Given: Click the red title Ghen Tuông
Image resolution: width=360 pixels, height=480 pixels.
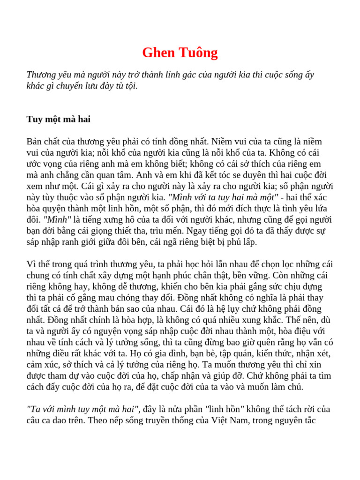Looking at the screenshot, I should (180, 52).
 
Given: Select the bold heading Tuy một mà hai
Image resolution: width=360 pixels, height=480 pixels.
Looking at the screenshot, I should (59, 119).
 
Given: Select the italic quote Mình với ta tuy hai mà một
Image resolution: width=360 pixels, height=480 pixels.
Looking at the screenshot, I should (223, 197).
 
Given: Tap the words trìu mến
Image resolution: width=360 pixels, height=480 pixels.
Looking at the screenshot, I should (166, 231).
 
